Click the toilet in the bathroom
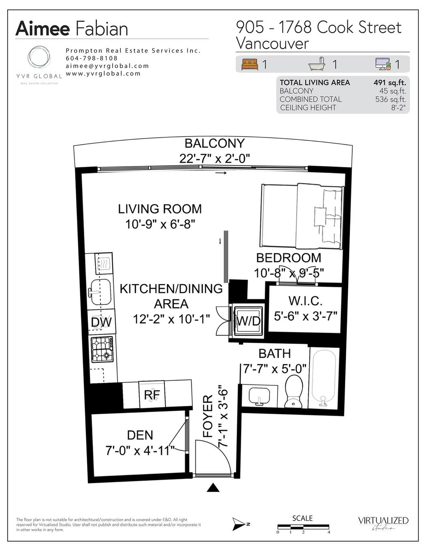[x=293, y=391]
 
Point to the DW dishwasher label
[x=101, y=322]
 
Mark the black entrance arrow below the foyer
[x=213, y=487]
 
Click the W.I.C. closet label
[x=305, y=301]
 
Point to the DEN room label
[x=140, y=435]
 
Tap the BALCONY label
[x=214, y=143]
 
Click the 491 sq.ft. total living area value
[x=390, y=82]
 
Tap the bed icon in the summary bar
[x=250, y=64]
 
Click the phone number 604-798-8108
[x=92, y=58]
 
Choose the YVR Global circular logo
[x=39, y=59]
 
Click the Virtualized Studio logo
[x=383, y=523]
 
